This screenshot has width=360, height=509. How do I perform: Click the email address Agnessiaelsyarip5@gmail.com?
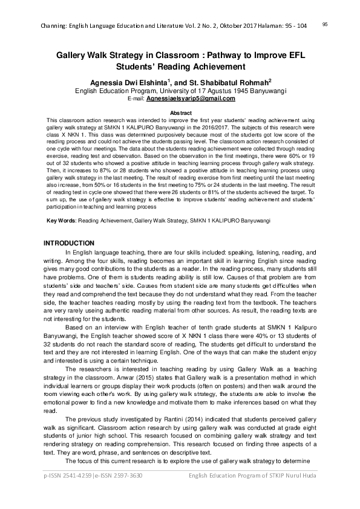[x=190, y=98]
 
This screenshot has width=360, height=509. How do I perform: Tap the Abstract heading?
[x=180, y=113]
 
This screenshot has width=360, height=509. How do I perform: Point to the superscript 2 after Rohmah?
[x=270, y=80]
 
